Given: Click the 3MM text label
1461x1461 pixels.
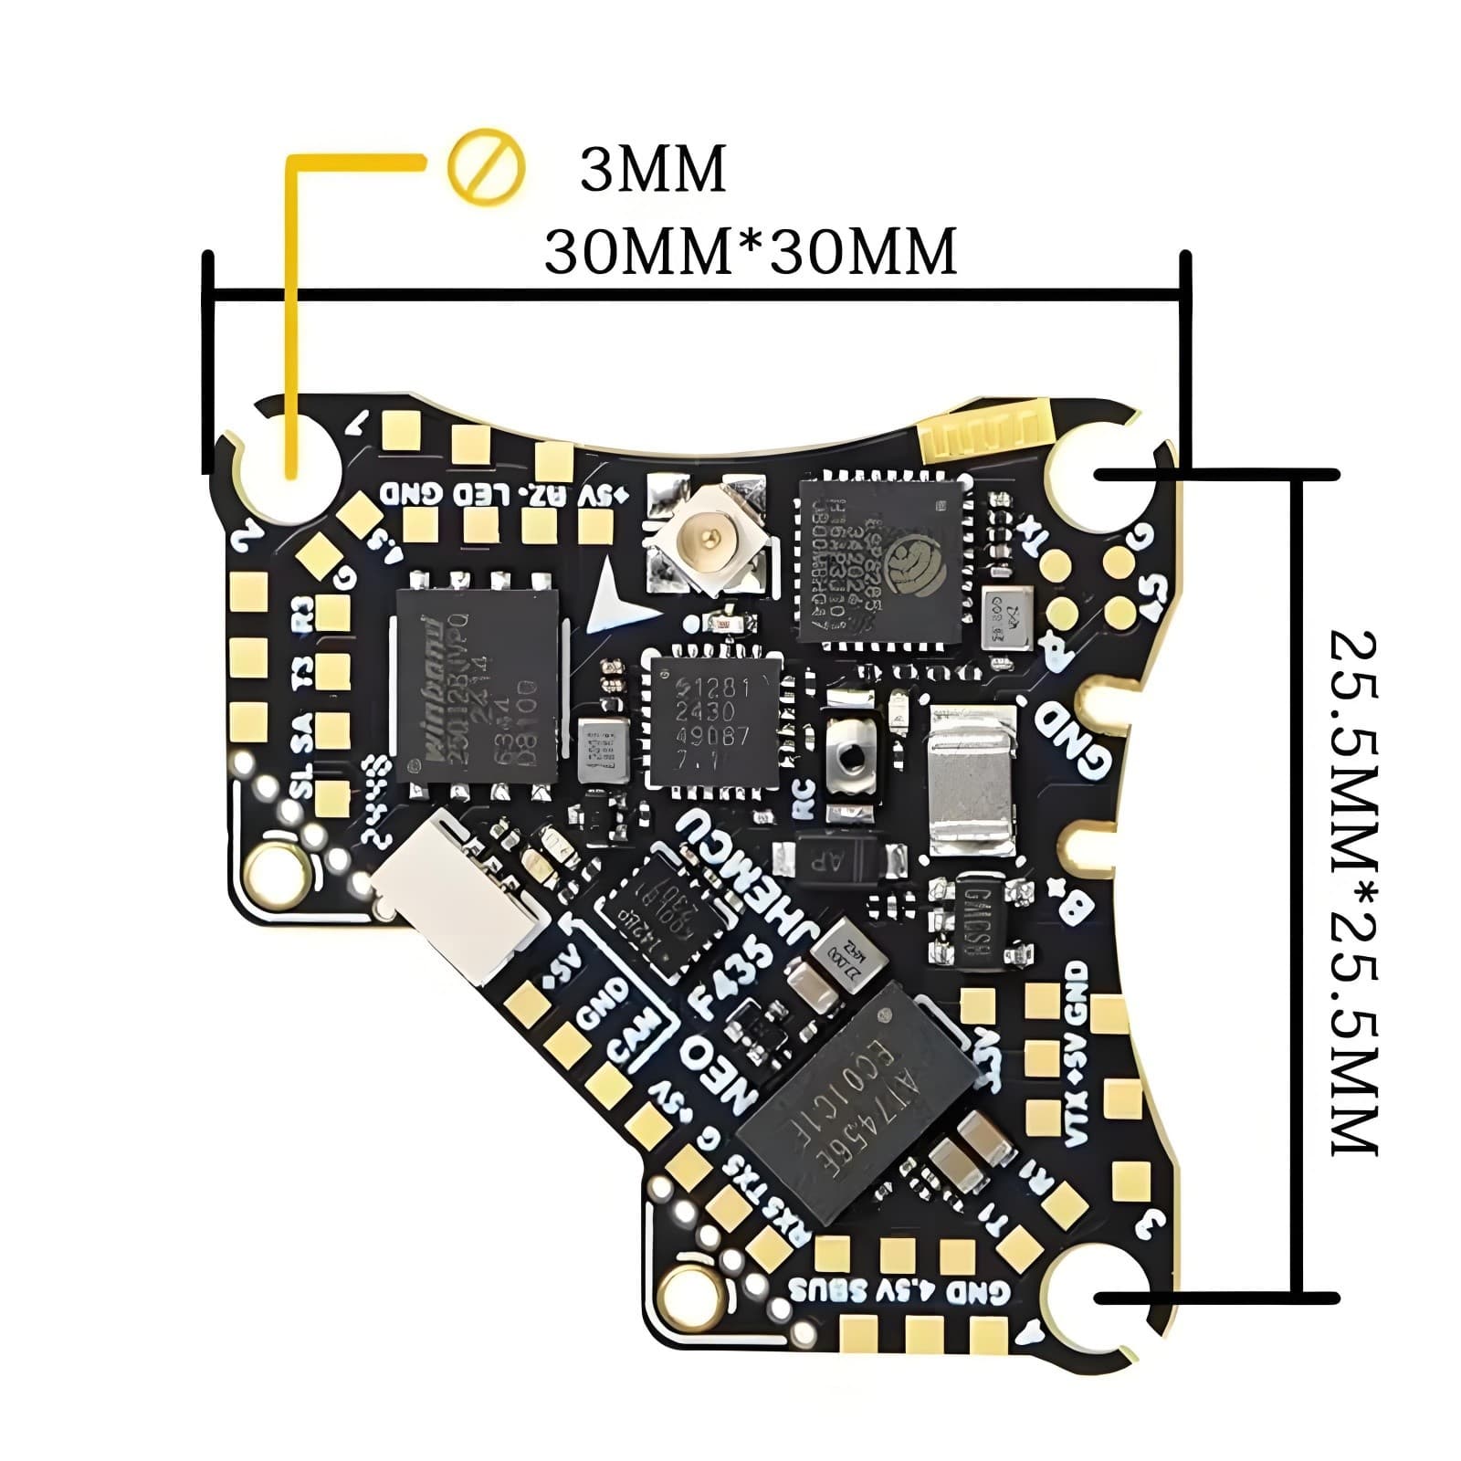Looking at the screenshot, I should click(653, 170).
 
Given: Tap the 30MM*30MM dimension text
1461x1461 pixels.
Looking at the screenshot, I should click(750, 251).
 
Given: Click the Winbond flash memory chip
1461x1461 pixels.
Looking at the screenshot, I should click(476, 685).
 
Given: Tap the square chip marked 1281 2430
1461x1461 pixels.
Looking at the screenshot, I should click(711, 721).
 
